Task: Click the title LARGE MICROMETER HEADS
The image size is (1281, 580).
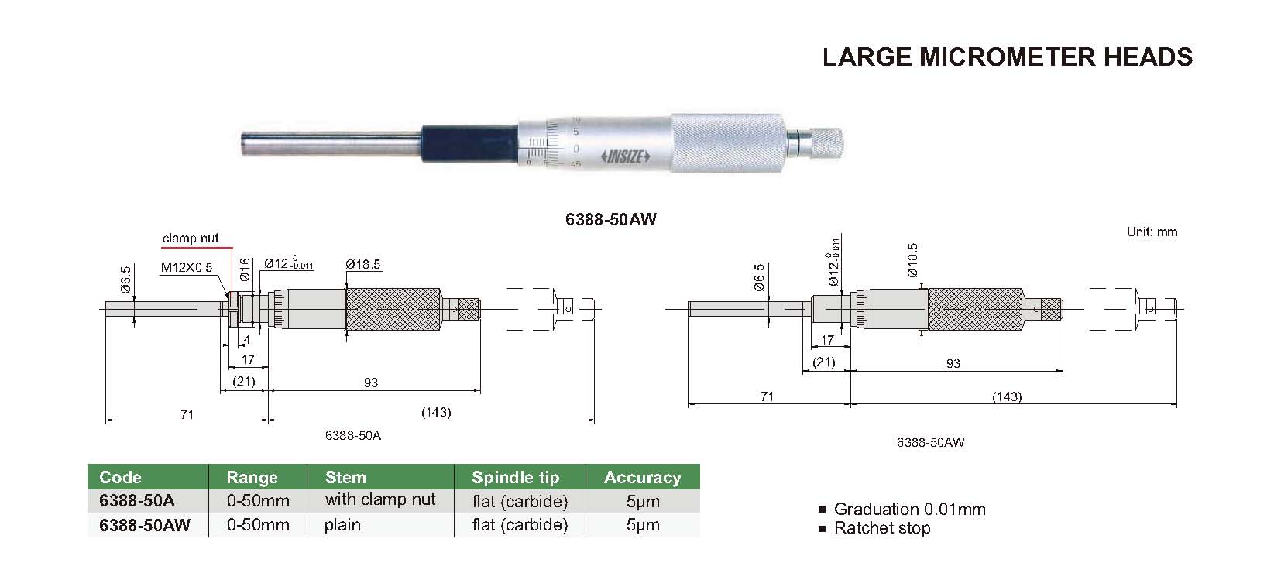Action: point(1007,57)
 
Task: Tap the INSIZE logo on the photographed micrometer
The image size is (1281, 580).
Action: point(625,156)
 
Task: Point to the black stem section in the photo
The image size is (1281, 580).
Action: point(471,144)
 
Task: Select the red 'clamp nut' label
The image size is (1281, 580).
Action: point(191,238)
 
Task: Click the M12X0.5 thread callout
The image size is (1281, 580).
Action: point(187,267)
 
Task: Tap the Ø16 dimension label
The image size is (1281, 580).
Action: point(245,269)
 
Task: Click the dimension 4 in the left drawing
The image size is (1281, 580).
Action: point(247,339)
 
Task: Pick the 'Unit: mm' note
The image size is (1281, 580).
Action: point(1152,232)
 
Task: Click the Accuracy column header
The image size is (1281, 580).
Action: point(642,477)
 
